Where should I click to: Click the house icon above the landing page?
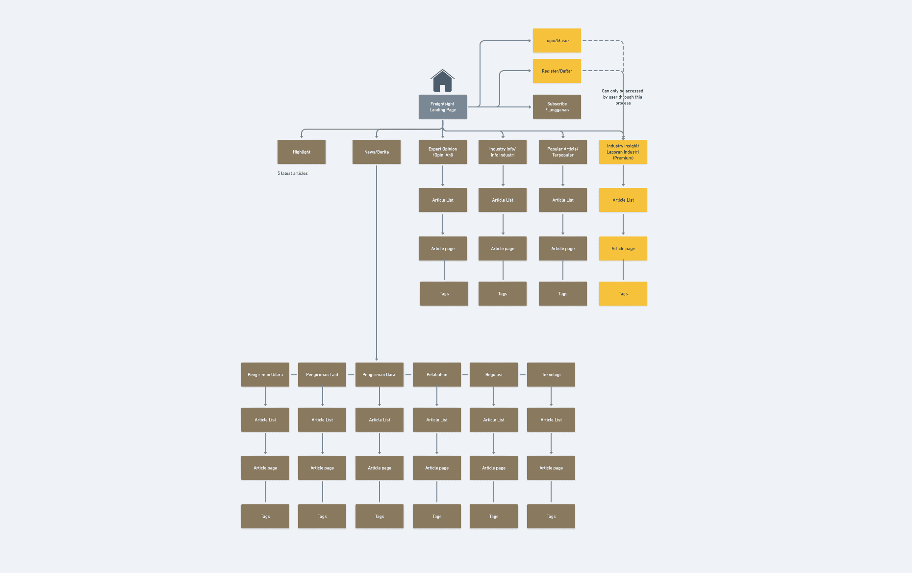click(x=442, y=80)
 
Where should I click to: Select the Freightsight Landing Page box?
click(x=442, y=107)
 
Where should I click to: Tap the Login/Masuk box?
click(x=557, y=41)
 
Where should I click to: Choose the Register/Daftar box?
click(x=557, y=71)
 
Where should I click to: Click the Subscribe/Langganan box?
click(x=557, y=107)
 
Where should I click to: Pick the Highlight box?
click(x=301, y=152)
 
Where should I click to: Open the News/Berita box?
click(x=376, y=152)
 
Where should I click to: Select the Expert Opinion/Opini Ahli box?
click(x=442, y=152)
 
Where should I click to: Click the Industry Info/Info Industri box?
click(x=502, y=152)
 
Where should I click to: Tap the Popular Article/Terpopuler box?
click(x=562, y=152)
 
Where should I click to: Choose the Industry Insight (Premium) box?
click(x=623, y=152)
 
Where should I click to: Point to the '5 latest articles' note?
click(x=293, y=173)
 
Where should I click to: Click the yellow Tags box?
click(x=623, y=294)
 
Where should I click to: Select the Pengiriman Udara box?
click(x=265, y=375)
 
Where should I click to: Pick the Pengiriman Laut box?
click(x=322, y=375)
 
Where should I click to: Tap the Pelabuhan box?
click(x=436, y=375)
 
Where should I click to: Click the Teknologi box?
click(x=551, y=375)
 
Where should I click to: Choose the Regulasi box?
click(x=493, y=375)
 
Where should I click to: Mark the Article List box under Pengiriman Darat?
click(x=379, y=420)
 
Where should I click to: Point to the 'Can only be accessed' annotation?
click(x=622, y=97)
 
